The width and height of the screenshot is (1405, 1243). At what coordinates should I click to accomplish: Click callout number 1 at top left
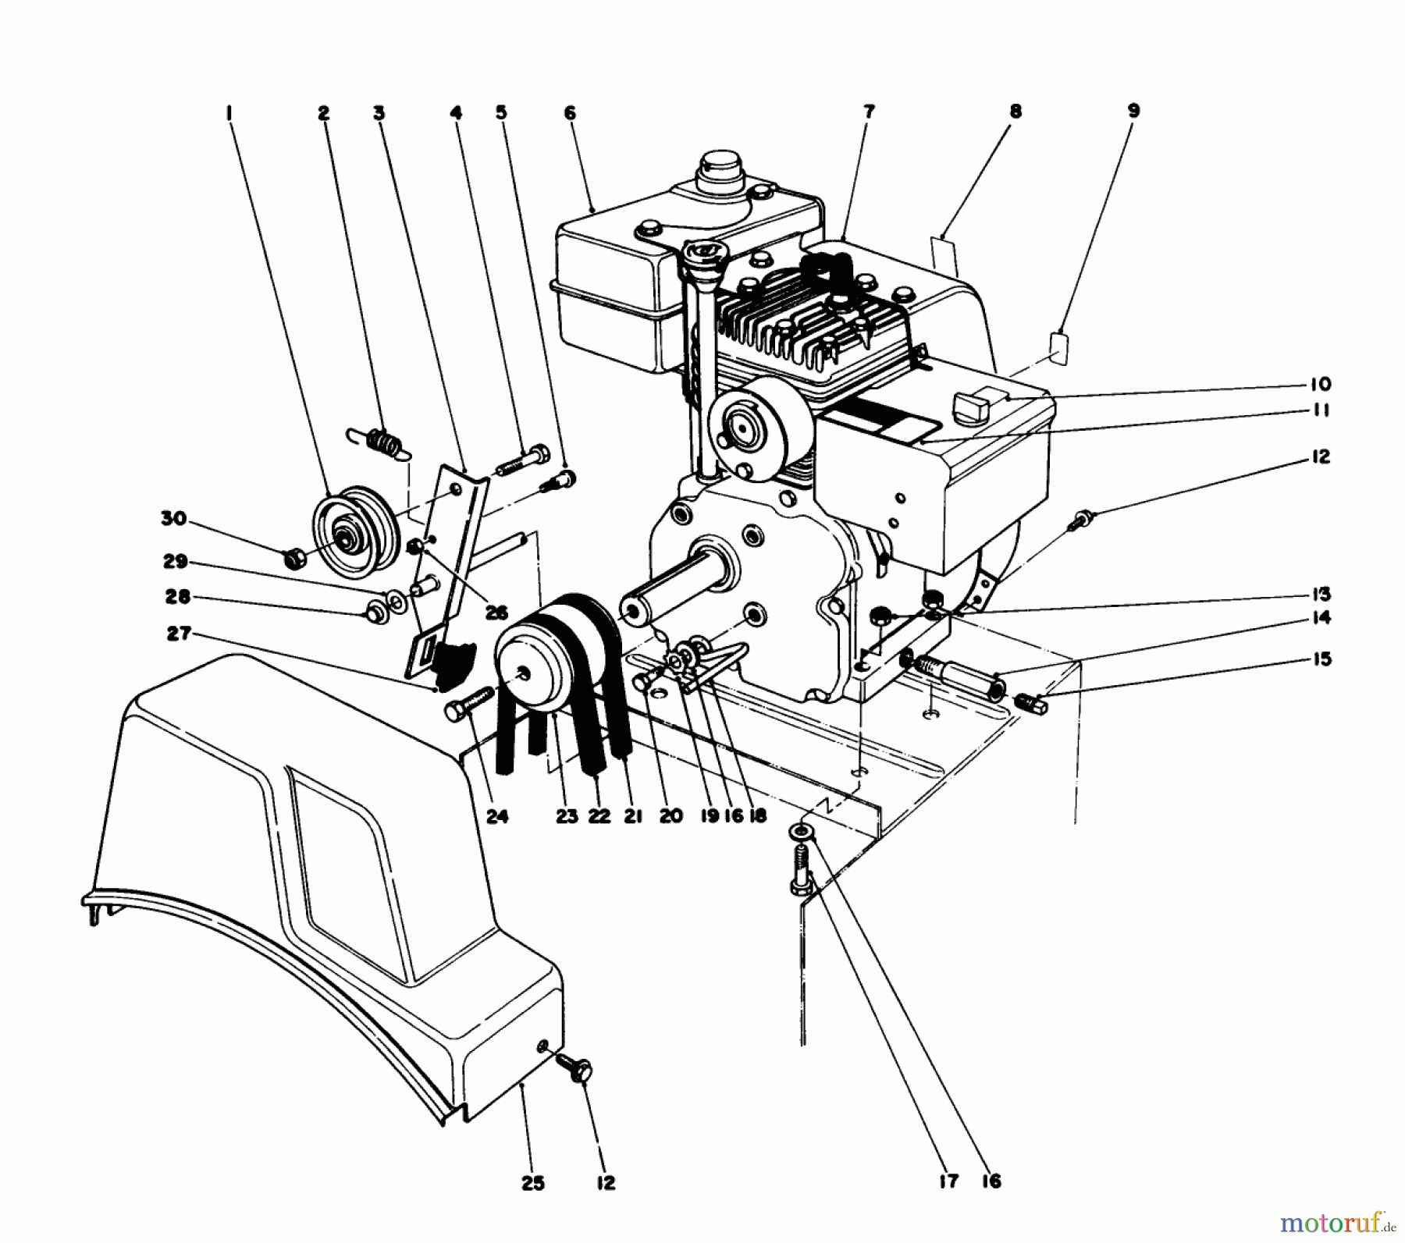click(229, 114)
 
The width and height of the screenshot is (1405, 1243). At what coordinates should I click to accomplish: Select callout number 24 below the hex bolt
click(497, 816)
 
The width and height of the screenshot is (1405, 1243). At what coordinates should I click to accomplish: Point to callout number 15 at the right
click(1321, 659)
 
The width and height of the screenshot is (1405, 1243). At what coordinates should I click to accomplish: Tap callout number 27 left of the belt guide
click(179, 634)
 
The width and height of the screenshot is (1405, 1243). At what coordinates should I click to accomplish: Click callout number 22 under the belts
click(599, 816)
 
